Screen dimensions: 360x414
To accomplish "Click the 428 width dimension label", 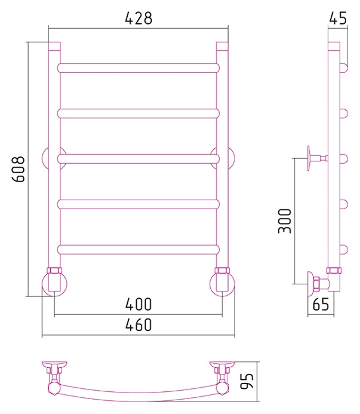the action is [x=139, y=18].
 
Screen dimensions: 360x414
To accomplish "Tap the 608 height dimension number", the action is [x=19, y=169].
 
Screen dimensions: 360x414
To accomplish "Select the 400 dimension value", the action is [x=139, y=304].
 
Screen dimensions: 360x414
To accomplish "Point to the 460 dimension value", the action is [x=139, y=324].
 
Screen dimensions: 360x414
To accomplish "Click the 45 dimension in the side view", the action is [x=338, y=18].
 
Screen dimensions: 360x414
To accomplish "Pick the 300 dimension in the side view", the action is [x=285, y=220].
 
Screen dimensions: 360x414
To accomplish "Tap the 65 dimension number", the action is [x=321, y=304].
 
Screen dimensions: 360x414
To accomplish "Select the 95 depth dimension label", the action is [x=247, y=381].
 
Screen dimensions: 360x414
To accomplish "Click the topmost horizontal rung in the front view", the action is [x=139, y=68].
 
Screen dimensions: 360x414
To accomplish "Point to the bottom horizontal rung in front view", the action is [x=139, y=250].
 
